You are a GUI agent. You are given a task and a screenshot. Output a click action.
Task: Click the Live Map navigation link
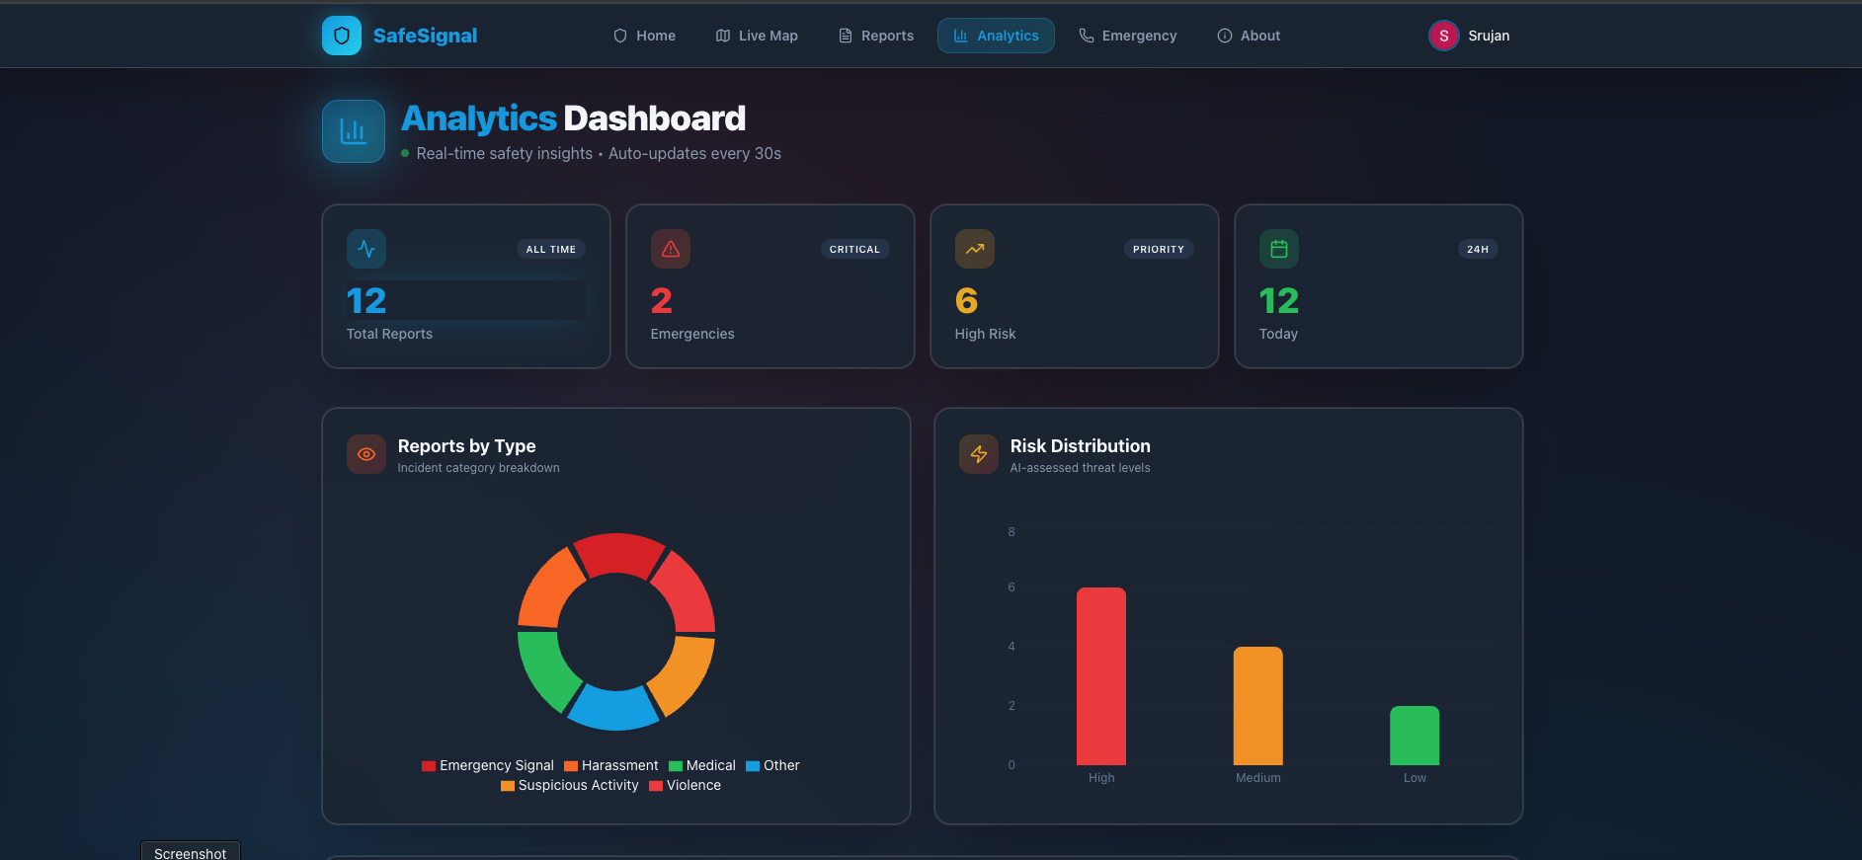click(x=757, y=36)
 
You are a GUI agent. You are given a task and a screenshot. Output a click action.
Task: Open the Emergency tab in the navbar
click(x=1127, y=36)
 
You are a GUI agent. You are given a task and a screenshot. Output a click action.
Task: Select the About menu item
click(x=1249, y=36)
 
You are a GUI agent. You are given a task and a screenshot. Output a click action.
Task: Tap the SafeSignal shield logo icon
click(x=342, y=36)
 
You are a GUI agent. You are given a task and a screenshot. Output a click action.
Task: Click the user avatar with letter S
click(x=1443, y=36)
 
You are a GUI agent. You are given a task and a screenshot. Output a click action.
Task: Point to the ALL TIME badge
click(x=550, y=250)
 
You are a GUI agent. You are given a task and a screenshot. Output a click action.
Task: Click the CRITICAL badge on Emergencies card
click(x=854, y=250)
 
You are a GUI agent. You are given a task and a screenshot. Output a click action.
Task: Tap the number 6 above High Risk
click(x=966, y=301)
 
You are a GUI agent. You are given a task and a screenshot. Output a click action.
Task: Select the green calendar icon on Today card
click(x=1278, y=249)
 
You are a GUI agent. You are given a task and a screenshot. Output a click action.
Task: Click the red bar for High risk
click(x=1100, y=676)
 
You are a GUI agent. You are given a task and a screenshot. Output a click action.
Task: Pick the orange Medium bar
click(x=1257, y=706)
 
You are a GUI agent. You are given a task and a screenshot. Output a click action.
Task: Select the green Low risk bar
click(x=1415, y=736)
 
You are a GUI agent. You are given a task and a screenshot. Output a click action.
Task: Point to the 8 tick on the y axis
click(x=1012, y=532)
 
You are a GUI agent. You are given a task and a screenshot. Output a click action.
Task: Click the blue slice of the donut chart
click(x=612, y=709)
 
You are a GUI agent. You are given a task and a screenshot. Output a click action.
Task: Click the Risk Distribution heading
click(x=1080, y=446)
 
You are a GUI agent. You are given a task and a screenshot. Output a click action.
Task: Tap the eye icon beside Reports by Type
click(x=366, y=454)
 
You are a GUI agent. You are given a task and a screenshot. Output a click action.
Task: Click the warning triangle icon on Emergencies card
click(x=671, y=249)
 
